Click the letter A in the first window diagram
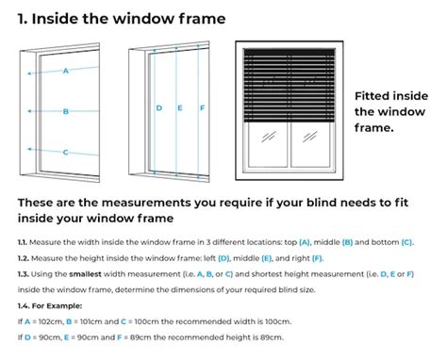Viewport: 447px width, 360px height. coord(66,71)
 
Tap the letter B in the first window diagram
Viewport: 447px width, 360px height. coord(66,111)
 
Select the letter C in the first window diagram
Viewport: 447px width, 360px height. coord(65,153)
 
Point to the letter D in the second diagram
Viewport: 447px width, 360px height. coord(159,108)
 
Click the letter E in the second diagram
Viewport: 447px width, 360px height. coord(180,108)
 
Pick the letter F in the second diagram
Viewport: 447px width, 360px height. coord(203,108)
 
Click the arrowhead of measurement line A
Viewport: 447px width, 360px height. coord(29,74)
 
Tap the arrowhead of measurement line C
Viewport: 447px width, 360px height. coord(29,149)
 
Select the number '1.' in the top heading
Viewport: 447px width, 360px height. coord(23,19)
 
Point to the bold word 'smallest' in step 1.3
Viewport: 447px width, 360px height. coord(85,274)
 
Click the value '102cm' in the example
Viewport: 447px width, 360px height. coord(53,321)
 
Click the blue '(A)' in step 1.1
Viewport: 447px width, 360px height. coord(305,242)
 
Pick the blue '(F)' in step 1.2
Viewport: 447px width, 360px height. coord(318,258)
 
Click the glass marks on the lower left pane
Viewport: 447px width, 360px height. coord(269,137)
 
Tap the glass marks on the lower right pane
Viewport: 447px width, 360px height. coord(309,137)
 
